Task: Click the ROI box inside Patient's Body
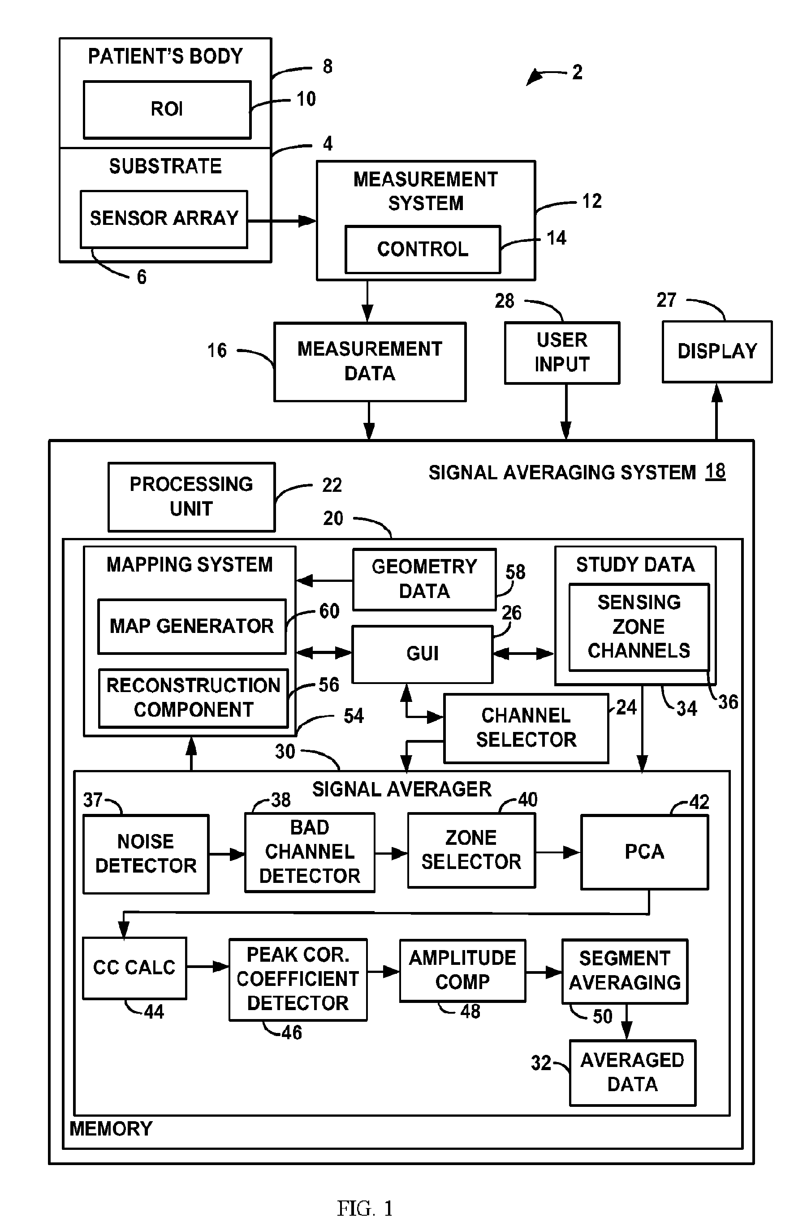click(x=168, y=110)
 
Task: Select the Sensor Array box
click(x=164, y=219)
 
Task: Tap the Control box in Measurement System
click(x=423, y=250)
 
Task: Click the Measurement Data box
click(x=370, y=361)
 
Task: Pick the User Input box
click(x=562, y=353)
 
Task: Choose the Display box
click(x=717, y=352)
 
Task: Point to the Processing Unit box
click(x=192, y=497)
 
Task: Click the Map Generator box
click(x=192, y=626)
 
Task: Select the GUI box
click(x=423, y=654)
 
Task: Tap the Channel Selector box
click(x=526, y=728)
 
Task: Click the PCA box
click(x=645, y=852)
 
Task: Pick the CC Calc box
click(x=134, y=968)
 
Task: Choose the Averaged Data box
click(x=633, y=1072)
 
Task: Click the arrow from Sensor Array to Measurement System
click(x=282, y=221)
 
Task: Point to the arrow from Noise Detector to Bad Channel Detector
click(x=227, y=854)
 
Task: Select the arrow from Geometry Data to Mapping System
click(x=324, y=581)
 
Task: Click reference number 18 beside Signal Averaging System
click(x=715, y=471)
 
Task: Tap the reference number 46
click(x=292, y=1032)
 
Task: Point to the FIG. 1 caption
click(x=365, y=1208)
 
